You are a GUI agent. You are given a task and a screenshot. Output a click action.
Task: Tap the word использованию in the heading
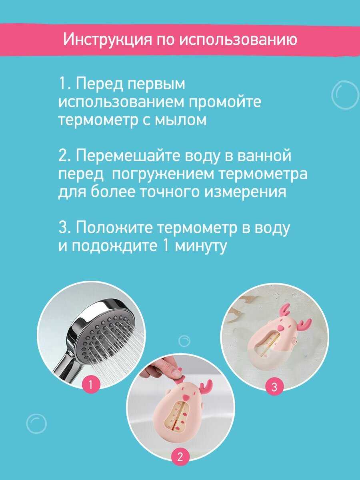click(x=238, y=40)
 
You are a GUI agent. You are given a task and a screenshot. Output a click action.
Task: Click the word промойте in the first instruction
click(x=225, y=102)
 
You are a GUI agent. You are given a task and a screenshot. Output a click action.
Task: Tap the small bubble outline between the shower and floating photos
click(x=184, y=341)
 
